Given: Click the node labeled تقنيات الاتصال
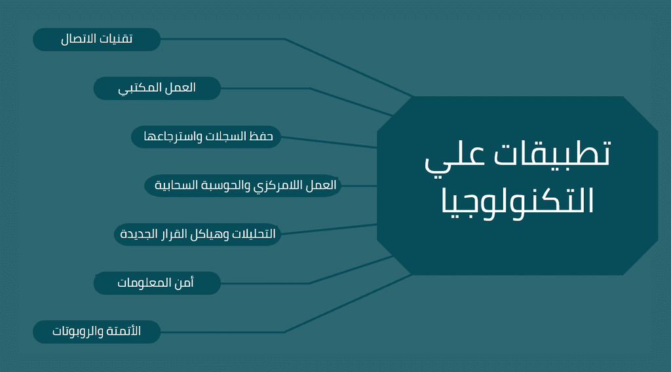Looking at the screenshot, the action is pos(97,39).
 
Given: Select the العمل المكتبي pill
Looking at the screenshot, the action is pos(157,88).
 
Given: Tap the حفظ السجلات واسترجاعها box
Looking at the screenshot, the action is pos(206,137).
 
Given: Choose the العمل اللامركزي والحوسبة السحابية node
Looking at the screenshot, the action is pos(242,185).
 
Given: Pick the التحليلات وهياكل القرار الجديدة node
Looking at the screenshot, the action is pos(197,234).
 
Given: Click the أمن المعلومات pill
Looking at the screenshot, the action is pos(157,283).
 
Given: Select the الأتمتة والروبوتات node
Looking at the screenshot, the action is pos(97,332).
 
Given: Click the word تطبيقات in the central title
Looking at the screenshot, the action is pos(552,153).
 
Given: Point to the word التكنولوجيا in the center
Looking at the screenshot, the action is pos(518,202).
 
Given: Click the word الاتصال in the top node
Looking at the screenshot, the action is pos(79,39).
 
